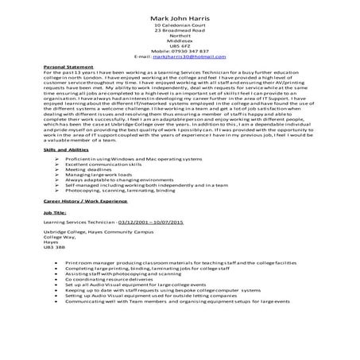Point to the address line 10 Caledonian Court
tap(179, 26)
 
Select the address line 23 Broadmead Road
tap(179, 32)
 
